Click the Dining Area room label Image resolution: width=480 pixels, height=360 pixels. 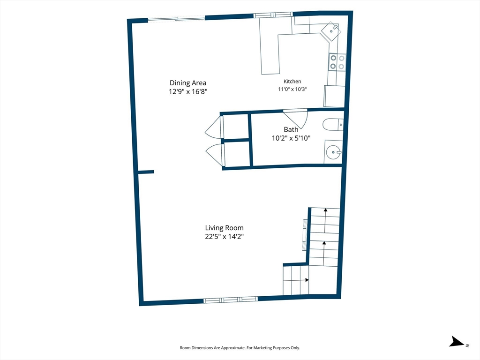click(x=188, y=82)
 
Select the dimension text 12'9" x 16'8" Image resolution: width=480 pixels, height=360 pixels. click(x=188, y=91)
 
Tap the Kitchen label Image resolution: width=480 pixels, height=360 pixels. click(x=292, y=82)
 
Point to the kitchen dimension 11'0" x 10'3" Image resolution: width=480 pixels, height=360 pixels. click(x=292, y=89)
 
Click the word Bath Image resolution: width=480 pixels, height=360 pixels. click(x=291, y=129)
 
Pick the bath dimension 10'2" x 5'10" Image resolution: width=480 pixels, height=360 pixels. click(x=291, y=138)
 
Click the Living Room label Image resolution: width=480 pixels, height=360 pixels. click(x=225, y=228)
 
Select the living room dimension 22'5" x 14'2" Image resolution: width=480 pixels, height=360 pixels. click(x=225, y=236)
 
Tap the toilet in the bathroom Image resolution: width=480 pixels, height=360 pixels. click(x=333, y=125)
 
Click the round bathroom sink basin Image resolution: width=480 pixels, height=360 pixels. click(x=333, y=152)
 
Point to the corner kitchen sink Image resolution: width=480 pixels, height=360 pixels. click(x=331, y=31)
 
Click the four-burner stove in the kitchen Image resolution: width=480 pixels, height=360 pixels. click(x=337, y=62)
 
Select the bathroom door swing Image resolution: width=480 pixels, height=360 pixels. click(x=296, y=119)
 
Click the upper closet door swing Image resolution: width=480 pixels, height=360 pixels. click(x=213, y=127)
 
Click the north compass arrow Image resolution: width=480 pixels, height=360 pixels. click(x=457, y=342)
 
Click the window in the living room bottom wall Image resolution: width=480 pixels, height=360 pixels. click(x=231, y=300)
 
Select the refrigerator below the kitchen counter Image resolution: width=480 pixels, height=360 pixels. click(x=334, y=96)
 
